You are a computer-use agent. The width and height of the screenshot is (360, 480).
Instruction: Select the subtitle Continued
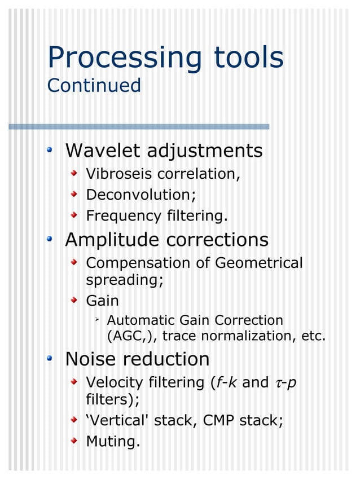[94, 86]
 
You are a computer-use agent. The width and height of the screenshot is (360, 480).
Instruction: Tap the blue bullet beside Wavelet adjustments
[51, 150]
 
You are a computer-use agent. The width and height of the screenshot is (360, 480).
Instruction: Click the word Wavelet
[103, 151]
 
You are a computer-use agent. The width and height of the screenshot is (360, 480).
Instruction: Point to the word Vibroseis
[119, 174]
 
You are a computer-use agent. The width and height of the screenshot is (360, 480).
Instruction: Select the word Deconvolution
[140, 195]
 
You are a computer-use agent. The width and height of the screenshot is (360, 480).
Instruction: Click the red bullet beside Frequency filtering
[73, 215]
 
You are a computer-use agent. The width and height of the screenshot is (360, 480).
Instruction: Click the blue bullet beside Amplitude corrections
[51, 240]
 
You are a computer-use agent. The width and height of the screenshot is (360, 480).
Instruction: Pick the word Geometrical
[259, 263]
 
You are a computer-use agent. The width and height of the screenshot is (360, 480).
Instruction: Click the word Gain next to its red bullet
[102, 301]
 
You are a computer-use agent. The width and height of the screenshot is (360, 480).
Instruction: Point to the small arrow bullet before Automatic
[97, 320]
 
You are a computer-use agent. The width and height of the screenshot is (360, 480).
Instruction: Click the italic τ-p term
[286, 383]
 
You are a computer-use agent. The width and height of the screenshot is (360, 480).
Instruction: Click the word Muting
[112, 442]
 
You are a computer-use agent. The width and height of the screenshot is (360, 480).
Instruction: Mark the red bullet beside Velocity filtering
[73, 382]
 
